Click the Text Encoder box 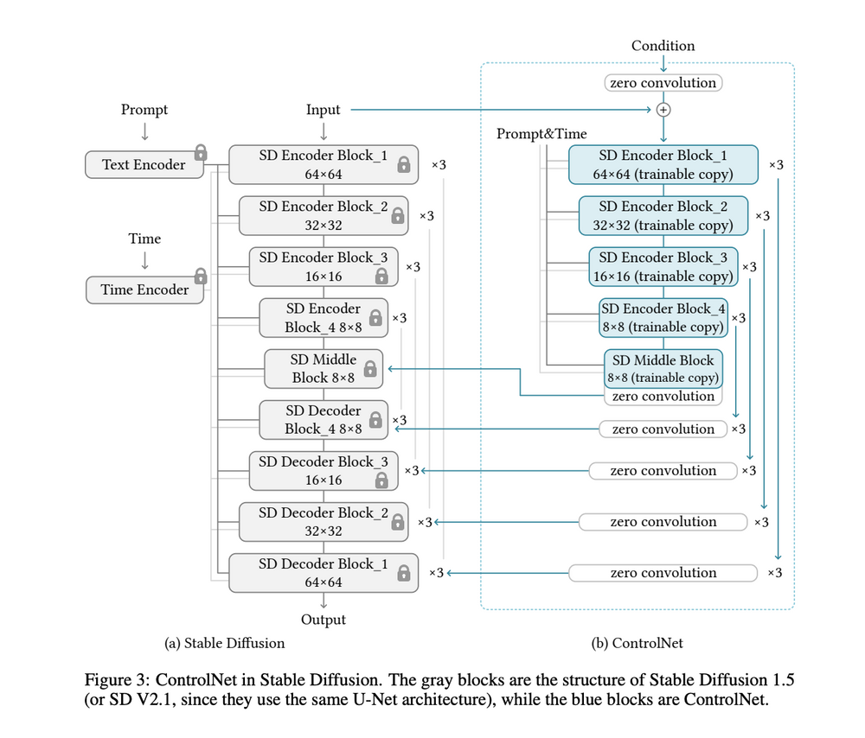144,164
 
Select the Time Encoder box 144,289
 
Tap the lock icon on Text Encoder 201,152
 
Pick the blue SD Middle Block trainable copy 663,368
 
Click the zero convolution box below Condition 663,83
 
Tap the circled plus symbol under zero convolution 663,110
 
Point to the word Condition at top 663,46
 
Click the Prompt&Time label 541,134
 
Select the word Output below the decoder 324,620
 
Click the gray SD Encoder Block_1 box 324,164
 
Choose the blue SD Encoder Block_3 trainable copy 663,266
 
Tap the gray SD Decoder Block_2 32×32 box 324,521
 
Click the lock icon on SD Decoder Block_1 403,573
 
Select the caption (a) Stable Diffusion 225,643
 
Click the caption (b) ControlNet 635,643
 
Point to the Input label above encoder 324,110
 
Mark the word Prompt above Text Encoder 144,110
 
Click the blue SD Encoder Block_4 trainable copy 663,317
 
